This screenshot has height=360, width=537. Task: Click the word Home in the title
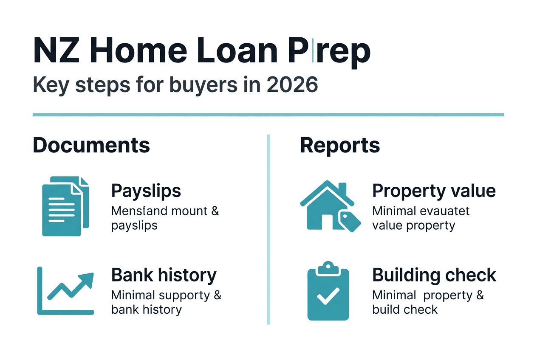point(139,51)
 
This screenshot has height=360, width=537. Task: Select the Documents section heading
point(91,145)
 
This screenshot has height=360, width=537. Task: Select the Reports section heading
point(340,145)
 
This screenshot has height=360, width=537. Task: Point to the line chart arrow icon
point(65,291)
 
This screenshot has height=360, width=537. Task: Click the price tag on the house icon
point(349,220)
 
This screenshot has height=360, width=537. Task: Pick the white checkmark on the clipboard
point(328,296)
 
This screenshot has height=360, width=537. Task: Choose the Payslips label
point(146,191)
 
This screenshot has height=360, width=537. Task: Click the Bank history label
point(164,275)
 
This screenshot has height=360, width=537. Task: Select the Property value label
point(434,191)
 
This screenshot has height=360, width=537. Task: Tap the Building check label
point(434,275)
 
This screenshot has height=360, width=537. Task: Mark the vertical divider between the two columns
point(268,229)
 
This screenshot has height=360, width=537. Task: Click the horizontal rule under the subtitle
point(268,115)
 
